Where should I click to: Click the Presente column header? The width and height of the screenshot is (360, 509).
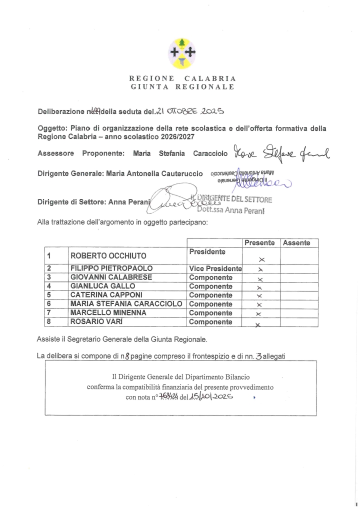coord(259,243)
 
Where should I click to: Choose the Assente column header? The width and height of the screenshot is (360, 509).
coord(296,243)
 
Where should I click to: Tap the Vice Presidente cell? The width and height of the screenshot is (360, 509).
coord(215,268)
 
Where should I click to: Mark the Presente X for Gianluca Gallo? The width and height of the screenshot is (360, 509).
coord(259,287)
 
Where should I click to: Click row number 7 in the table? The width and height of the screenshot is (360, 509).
coord(49,313)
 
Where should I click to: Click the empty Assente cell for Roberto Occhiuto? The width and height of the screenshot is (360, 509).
coord(299,255)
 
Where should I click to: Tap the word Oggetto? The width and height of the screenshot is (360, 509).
coord(52,128)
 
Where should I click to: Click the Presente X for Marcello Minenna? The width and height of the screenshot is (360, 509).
coord(259,314)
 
